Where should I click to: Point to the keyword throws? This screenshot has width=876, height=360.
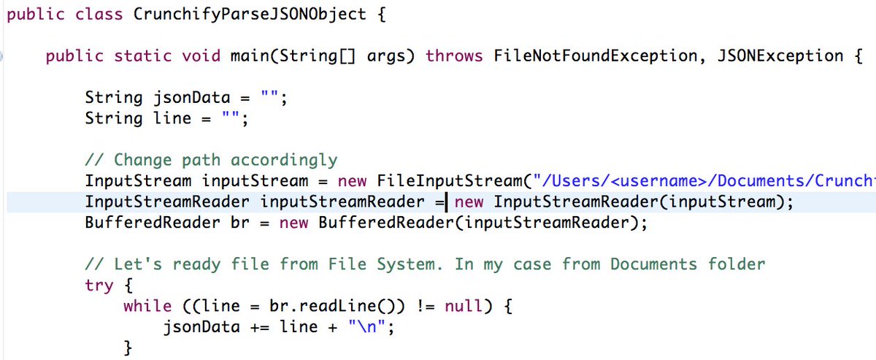click(x=454, y=56)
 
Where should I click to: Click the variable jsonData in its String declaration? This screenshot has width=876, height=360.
click(x=191, y=98)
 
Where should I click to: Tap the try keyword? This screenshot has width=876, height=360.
click(x=99, y=286)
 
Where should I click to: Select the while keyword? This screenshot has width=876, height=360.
click(x=147, y=307)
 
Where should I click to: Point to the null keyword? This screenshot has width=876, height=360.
click(x=464, y=307)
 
